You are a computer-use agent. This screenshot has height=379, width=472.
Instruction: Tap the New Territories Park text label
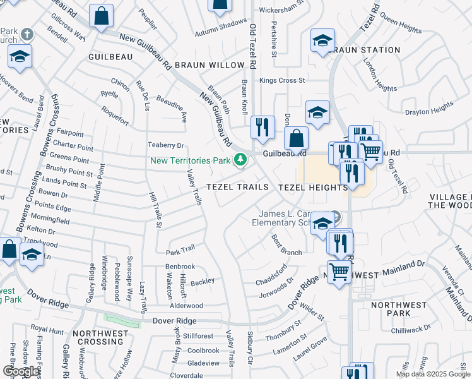click(x=190, y=160)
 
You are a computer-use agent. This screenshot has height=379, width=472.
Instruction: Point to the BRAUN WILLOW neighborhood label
click(x=209, y=65)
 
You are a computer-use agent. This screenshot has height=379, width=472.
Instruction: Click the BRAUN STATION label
click(x=365, y=50)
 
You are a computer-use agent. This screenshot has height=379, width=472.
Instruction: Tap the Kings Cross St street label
click(x=282, y=81)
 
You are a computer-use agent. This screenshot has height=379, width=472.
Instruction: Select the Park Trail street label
click(x=180, y=251)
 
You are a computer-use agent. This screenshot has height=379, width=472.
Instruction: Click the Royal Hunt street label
click(x=48, y=329)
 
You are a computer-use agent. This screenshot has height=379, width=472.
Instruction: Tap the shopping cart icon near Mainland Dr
click(x=339, y=272)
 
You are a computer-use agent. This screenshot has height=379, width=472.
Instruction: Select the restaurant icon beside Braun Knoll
click(x=261, y=127)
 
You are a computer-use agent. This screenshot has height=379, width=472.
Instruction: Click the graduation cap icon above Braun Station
click(x=322, y=41)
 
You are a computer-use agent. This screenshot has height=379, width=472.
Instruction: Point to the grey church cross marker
click(x=27, y=33)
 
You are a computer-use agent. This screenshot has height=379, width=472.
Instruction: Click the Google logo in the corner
click(x=21, y=371)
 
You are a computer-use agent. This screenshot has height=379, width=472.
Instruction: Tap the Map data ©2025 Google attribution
click(x=432, y=374)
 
